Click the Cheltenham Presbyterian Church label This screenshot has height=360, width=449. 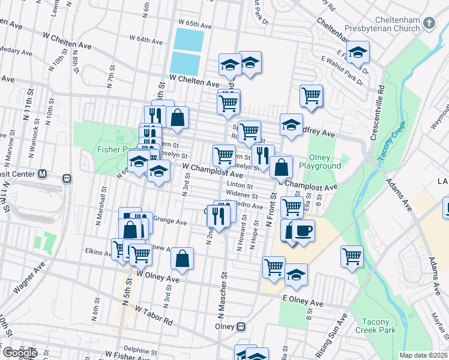(x=381, y=27)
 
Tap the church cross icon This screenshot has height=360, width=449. (x=429, y=24)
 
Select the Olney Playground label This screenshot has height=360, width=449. (x=320, y=161)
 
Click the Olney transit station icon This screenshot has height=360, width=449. (x=241, y=327)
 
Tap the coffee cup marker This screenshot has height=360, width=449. (x=304, y=231)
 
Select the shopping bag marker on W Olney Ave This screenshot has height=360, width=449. (x=182, y=259)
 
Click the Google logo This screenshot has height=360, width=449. (x=20, y=353)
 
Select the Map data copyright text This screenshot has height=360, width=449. (x=423, y=355)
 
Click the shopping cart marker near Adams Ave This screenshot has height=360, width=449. (x=352, y=256)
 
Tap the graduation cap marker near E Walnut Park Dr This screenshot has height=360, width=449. (x=358, y=52)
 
